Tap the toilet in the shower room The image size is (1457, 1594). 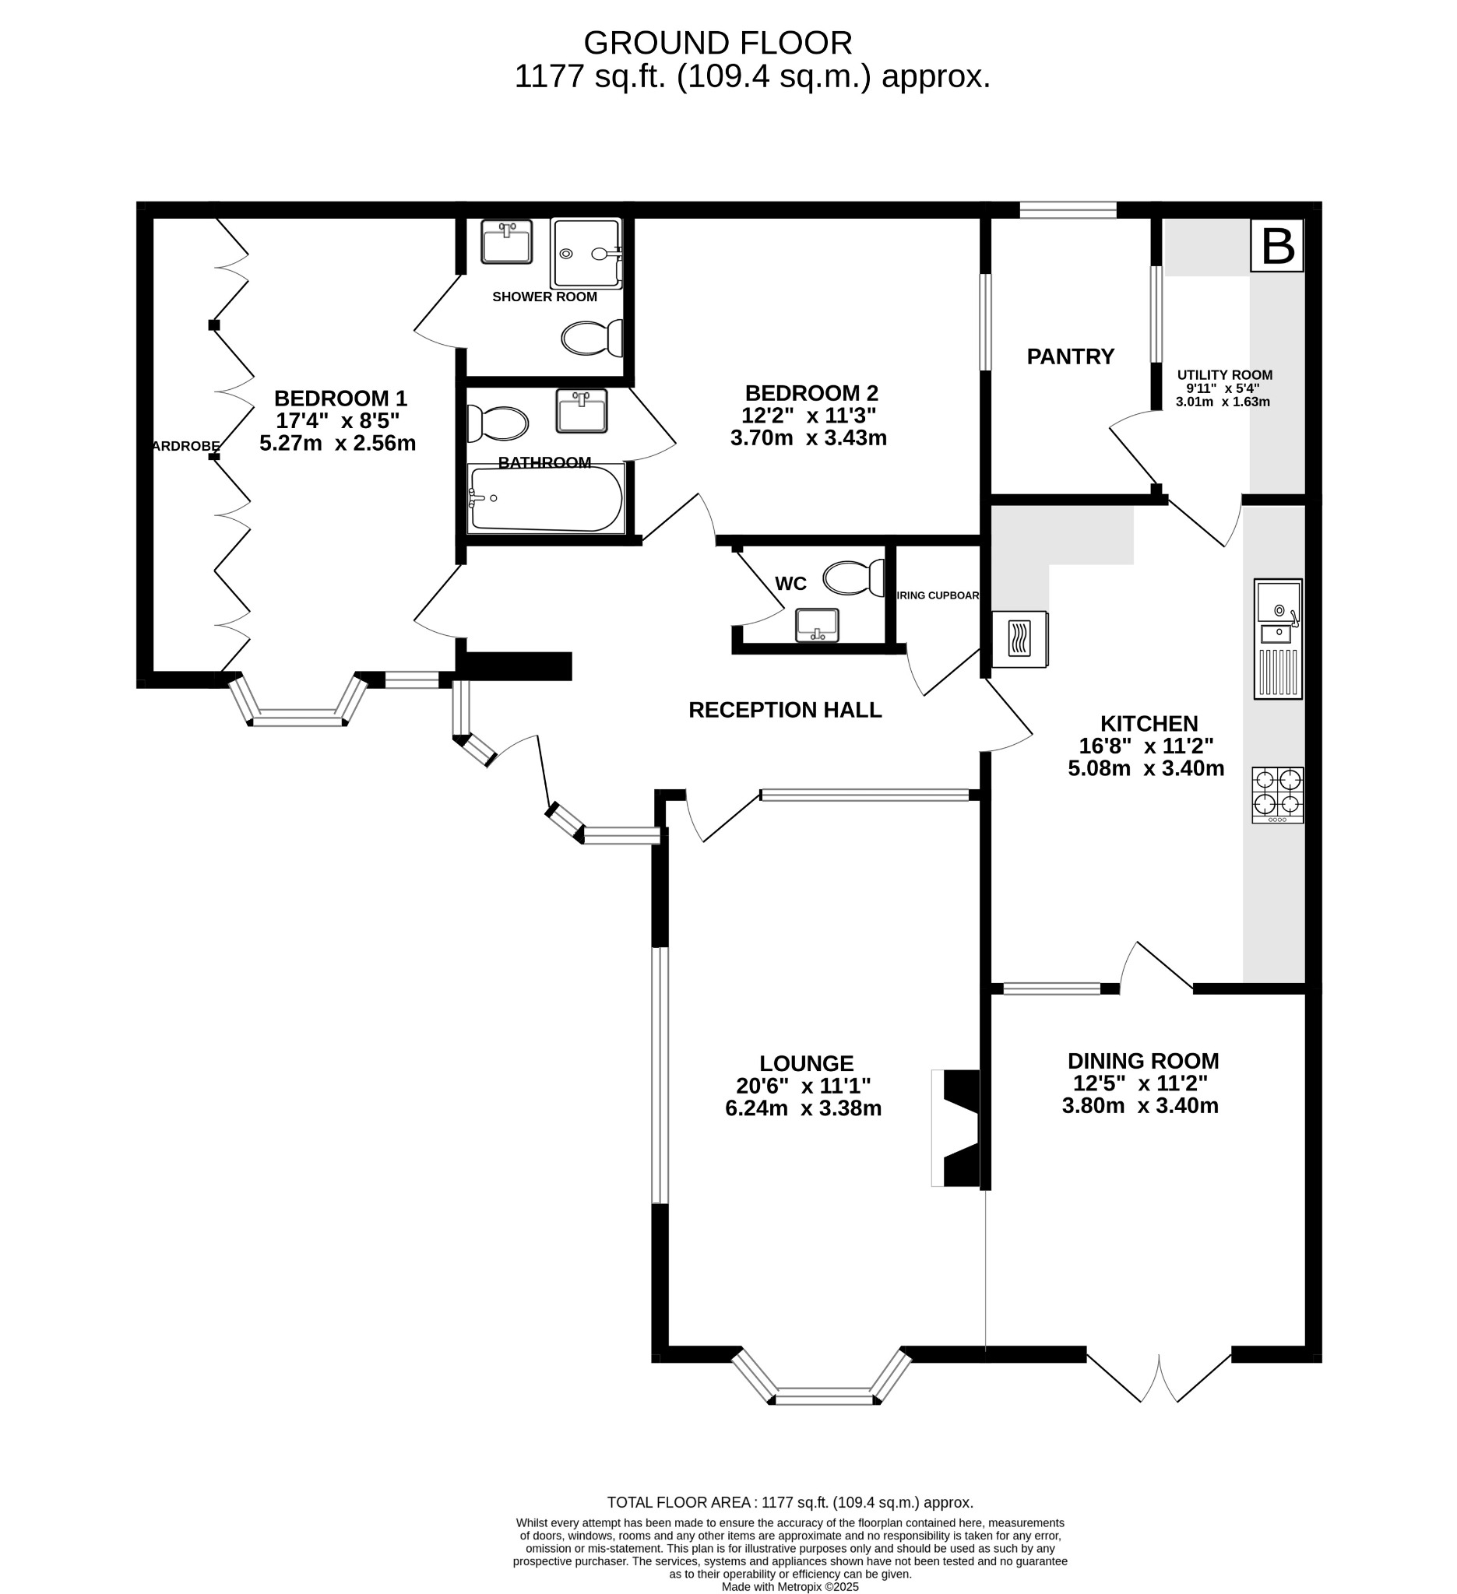pyautogui.click(x=591, y=339)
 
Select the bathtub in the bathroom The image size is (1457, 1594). pyautogui.click(x=546, y=499)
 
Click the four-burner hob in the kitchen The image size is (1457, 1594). pyautogui.click(x=1277, y=794)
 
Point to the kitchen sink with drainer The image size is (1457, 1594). pyautogui.click(x=1277, y=638)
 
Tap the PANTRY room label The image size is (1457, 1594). pyautogui.click(x=1070, y=356)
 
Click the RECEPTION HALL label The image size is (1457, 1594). pyautogui.click(x=785, y=710)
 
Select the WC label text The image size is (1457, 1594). pyautogui.click(x=790, y=584)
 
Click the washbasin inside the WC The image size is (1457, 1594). pyautogui.click(x=817, y=625)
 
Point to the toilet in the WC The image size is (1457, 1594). pyautogui.click(x=853, y=578)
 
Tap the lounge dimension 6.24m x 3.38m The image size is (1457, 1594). pyautogui.click(x=803, y=1108)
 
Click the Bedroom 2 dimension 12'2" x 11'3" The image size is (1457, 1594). pyautogui.click(x=808, y=416)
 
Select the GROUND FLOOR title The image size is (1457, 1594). pyautogui.click(x=717, y=43)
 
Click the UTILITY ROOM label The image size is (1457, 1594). pyautogui.click(x=1224, y=375)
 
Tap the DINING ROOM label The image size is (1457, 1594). pyautogui.click(x=1143, y=1061)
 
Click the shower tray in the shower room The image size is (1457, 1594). pyautogui.click(x=586, y=253)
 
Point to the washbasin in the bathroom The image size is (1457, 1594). pyautogui.click(x=582, y=410)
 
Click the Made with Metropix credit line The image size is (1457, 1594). pyautogui.click(x=790, y=1586)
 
